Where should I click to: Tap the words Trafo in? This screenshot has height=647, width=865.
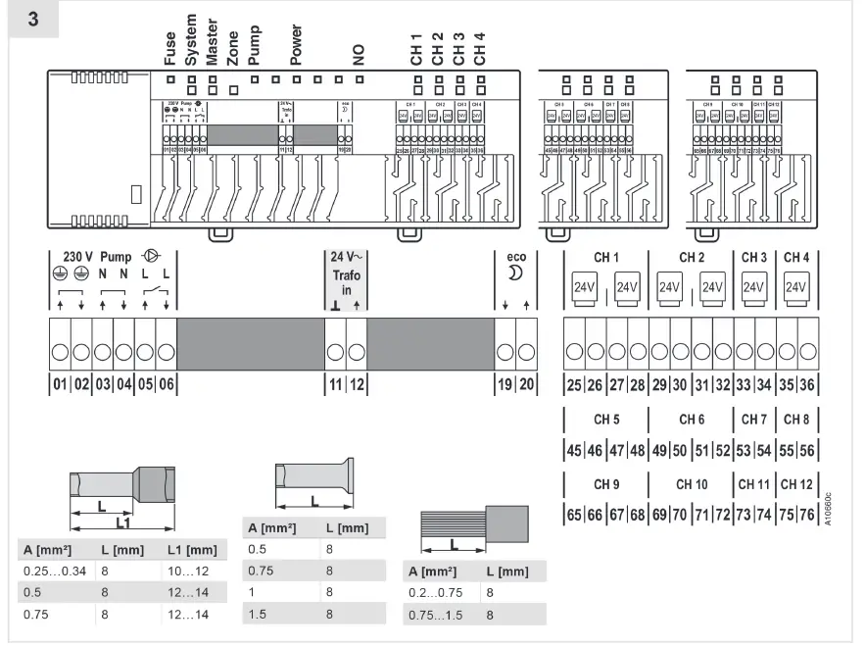point(345,282)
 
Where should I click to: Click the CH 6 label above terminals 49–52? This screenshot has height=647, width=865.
point(692,420)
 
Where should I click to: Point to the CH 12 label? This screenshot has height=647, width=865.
point(796,484)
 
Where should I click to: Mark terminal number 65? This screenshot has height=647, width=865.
point(574,515)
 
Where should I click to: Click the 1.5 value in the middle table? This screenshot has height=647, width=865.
point(258,613)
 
